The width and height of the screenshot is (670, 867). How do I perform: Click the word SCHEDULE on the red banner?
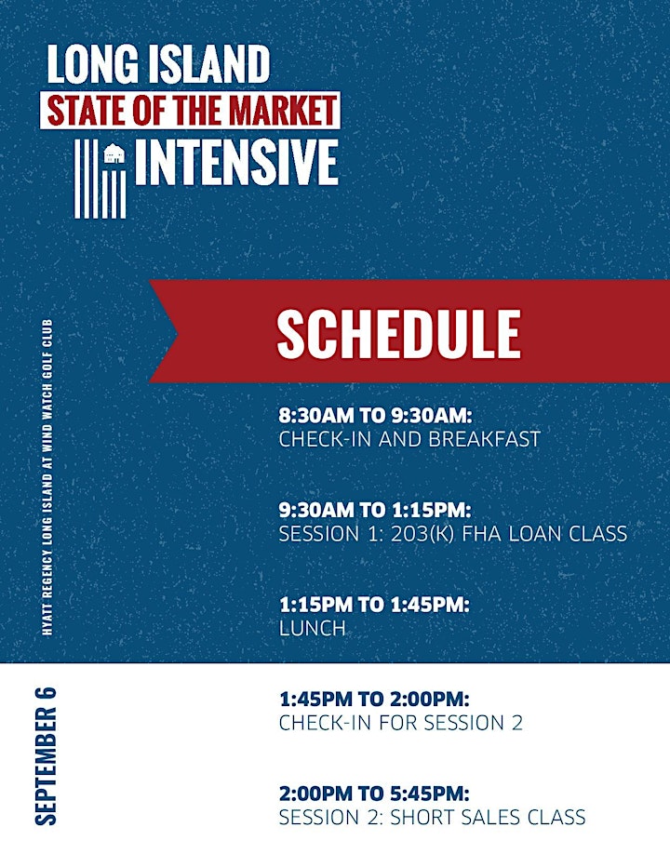[x=398, y=333]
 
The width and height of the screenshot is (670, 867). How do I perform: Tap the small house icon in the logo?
[x=114, y=153]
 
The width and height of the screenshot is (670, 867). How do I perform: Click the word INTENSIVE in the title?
[x=236, y=162]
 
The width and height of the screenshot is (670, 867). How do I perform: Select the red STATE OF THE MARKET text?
[x=192, y=110]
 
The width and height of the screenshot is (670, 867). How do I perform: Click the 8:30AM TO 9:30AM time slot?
[x=376, y=415]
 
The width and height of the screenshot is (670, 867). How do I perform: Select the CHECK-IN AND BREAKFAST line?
[x=409, y=439]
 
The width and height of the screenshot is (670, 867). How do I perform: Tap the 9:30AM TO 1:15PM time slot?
[x=375, y=510]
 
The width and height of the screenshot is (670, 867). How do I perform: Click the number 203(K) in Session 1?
[x=422, y=534]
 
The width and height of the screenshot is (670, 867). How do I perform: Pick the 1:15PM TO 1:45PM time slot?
[x=374, y=605]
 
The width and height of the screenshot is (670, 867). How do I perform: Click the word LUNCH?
[x=313, y=628]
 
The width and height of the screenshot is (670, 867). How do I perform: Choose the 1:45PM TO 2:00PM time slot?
[x=374, y=700]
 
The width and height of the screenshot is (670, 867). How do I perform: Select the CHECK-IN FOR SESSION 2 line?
[x=400, y=723]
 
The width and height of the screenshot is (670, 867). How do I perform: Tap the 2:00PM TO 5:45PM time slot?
[x=374, y=794]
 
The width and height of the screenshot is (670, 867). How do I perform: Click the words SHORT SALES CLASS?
[x=488, y=818]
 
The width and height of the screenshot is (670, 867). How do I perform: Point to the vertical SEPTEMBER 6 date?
[x=46, y=756]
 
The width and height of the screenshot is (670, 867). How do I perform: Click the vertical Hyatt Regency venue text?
[x=47, y=477]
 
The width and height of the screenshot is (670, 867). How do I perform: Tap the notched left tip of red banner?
[x=178, y=332]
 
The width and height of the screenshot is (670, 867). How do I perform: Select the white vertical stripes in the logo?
[x=100, y=179]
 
